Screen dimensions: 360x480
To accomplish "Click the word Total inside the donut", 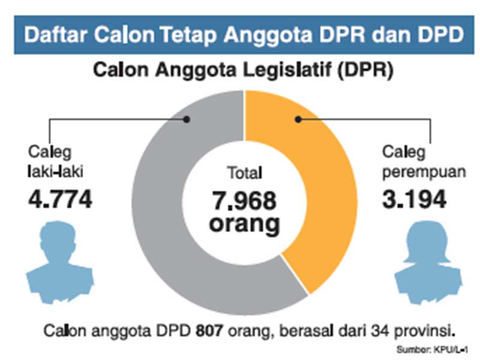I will tap(244, 174).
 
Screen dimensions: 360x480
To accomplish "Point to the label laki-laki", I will tap(55, 172).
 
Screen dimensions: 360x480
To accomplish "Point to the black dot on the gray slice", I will tap(187, 119).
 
